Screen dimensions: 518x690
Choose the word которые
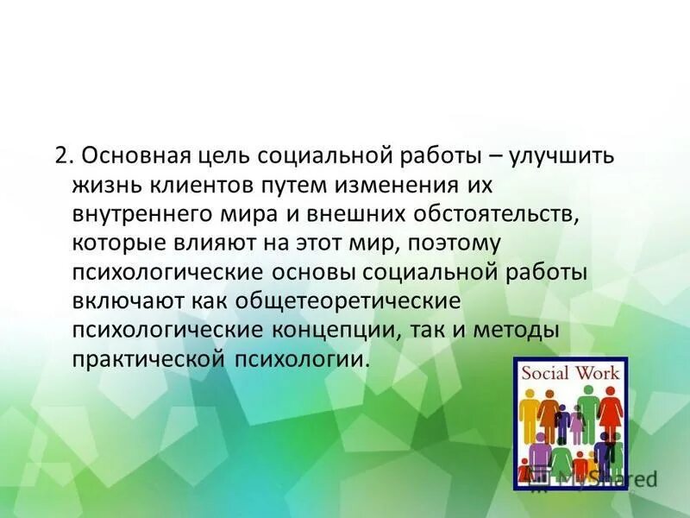pyautogui.click(x=116, y=243)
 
